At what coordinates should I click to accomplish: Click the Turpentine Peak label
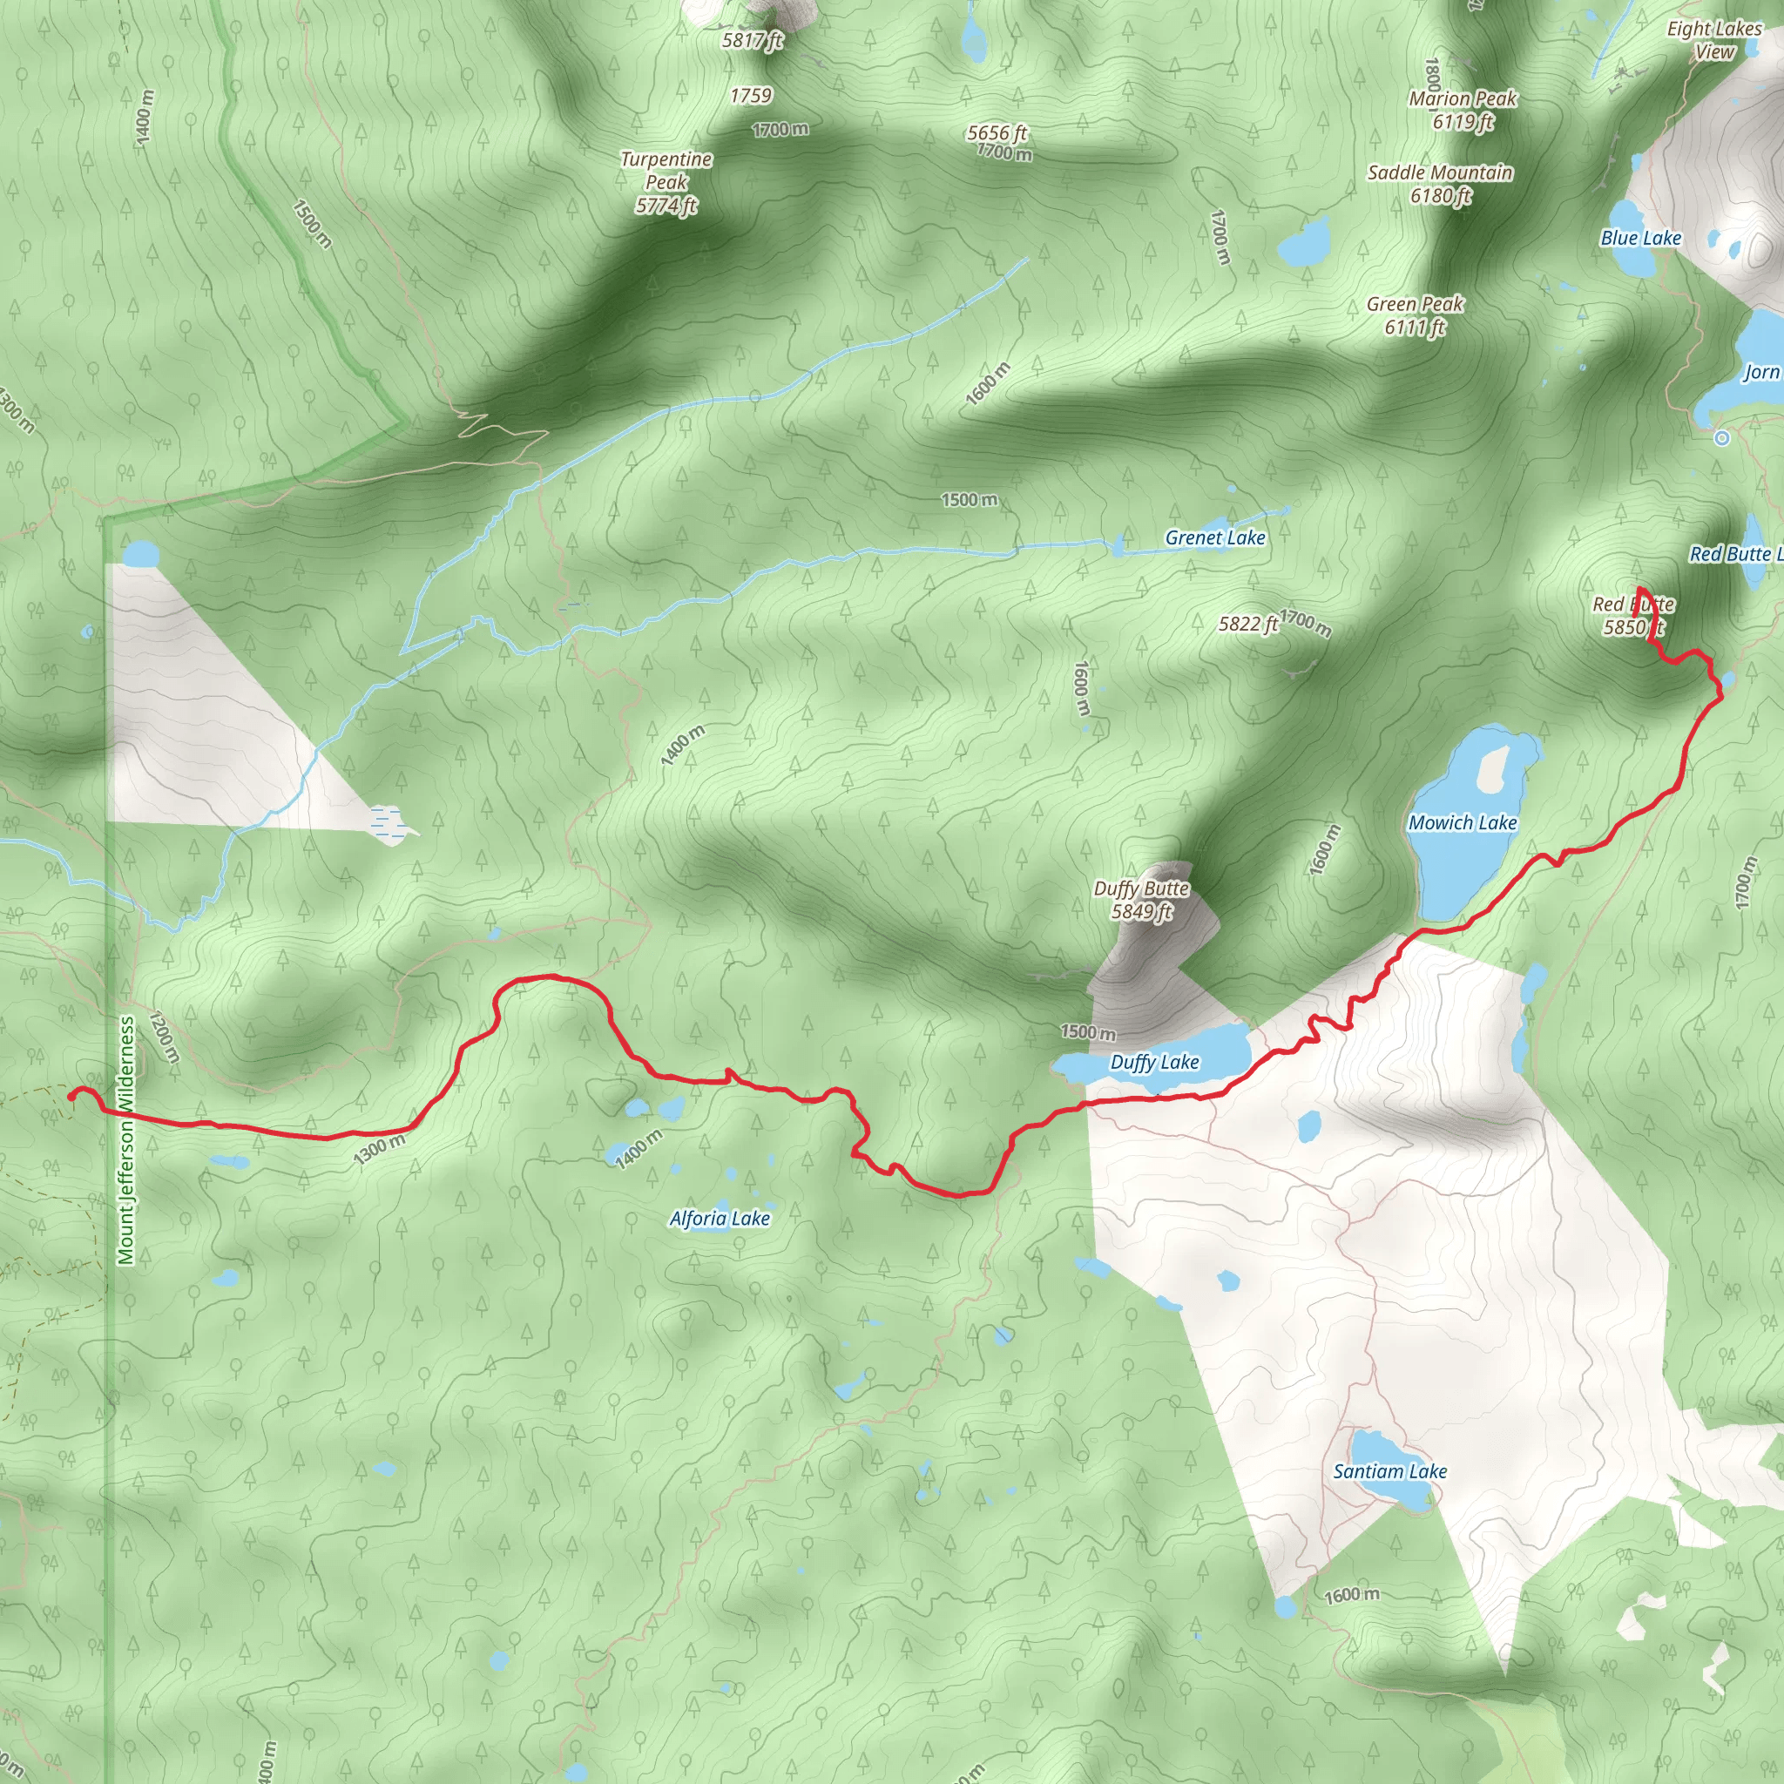coord(666,182)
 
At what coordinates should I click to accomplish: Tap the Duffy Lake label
coord(1154,1062)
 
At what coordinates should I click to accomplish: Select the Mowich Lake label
coord(1463,821)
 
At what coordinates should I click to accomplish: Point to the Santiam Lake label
coord(1389,1471)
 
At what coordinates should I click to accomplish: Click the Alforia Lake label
coord(720,1218)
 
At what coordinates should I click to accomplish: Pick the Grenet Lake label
coord(1215,537)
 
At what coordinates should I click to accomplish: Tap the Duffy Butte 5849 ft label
coord(1141,899)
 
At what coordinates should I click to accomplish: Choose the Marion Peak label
coord(1463,109)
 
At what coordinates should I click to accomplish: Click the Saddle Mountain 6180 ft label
coord(1441,183)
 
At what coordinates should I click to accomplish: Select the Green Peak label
coord(1416,314)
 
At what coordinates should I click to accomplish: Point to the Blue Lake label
coord(1641,238)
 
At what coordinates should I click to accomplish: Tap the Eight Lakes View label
coord(1713,40)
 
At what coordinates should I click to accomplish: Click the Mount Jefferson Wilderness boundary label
coord(126,1140)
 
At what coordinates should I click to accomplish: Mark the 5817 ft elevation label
coord(753,40)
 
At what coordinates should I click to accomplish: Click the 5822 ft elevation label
coord(1248,625)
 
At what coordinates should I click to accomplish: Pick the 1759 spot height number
coord(751,95)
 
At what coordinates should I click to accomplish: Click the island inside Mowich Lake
coord(1491,768)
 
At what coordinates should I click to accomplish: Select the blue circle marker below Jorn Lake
coord(1721,439)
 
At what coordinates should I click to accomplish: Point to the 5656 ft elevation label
coord(997,133)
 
